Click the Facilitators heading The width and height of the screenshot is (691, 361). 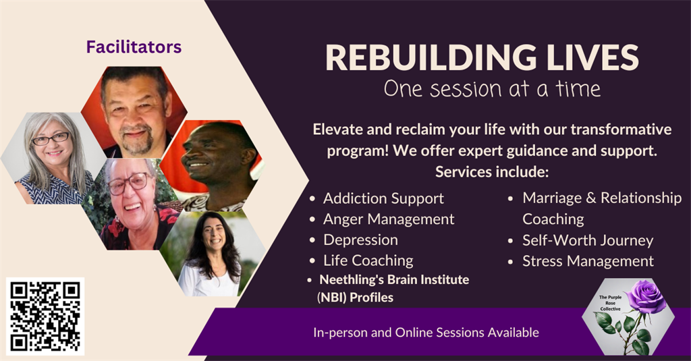coord(134,47)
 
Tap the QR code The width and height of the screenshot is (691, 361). coord(45,316)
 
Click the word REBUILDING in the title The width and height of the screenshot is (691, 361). coord(431,58)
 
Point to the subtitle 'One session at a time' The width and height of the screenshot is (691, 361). coord(492,89)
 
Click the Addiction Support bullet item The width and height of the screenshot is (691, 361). coord(383,198)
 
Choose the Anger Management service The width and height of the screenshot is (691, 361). coord(389,219)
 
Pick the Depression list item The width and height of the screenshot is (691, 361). coord(360,240)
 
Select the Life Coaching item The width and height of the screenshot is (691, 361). coord(368,260)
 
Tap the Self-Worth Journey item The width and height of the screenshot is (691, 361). coord(588,240)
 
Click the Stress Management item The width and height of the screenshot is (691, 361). coord(588,261)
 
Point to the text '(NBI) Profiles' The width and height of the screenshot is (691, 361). coord(355,298)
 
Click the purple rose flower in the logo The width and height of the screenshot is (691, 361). coord(645,296)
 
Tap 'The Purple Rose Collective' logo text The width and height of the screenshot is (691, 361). coord(610,303)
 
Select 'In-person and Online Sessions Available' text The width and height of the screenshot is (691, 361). coord(426,333)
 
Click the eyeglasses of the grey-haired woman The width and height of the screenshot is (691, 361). coord(51,138)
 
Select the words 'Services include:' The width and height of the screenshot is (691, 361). coord(492,171)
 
